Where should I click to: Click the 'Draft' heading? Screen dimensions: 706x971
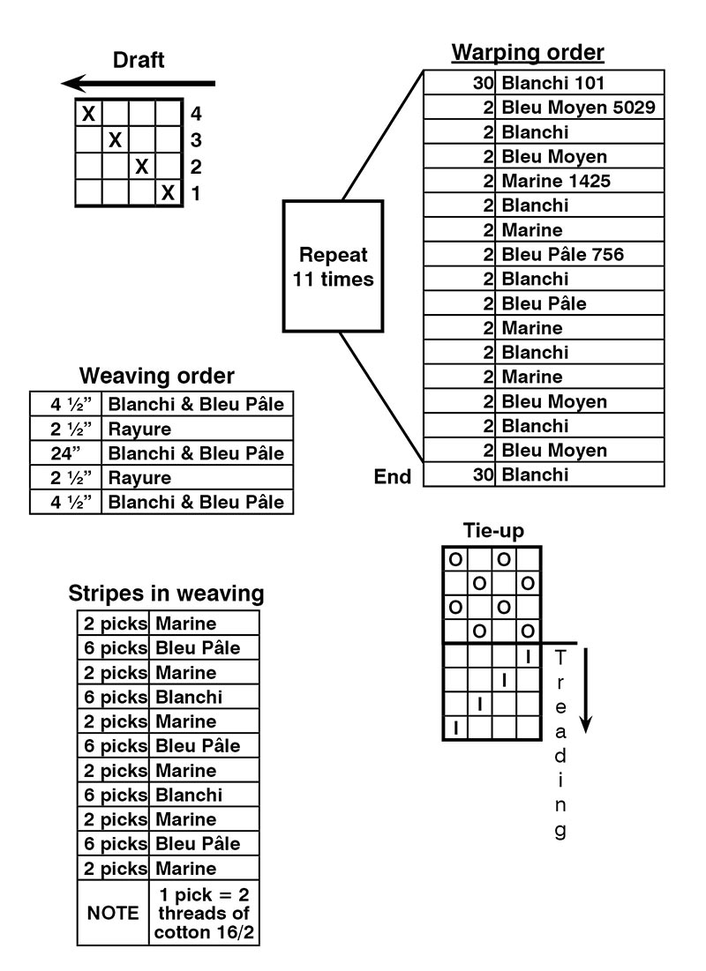tap(139, 60)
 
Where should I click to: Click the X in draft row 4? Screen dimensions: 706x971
tap(88, 113)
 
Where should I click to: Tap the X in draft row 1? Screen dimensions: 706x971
tap(168, 193)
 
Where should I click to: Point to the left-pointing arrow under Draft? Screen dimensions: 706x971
tap(138, 83)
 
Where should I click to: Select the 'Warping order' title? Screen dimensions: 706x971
tap(528, 53)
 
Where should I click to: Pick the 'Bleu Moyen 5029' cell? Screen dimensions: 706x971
tap(578, 107)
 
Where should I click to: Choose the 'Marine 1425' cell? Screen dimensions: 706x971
tap(556, 181)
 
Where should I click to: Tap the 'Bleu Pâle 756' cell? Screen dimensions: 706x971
tap(562, 254)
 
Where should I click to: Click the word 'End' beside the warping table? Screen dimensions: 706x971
tap(393, 476)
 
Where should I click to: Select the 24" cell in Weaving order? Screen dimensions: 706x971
tap(65, 453)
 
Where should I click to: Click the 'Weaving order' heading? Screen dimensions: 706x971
tap(157, 376)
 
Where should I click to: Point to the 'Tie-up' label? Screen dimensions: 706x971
tap(493, 531)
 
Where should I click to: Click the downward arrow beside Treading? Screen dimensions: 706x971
tap(586, 691)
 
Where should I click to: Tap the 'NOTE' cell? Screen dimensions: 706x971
tap(113, 913)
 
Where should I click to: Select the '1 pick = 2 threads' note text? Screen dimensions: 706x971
tap(204, 904)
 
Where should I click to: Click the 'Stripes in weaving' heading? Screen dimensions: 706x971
tap(166, 594)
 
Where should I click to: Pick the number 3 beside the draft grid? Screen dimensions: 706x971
tap(196, 140)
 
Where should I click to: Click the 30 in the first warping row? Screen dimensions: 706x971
tap(483, 83)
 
